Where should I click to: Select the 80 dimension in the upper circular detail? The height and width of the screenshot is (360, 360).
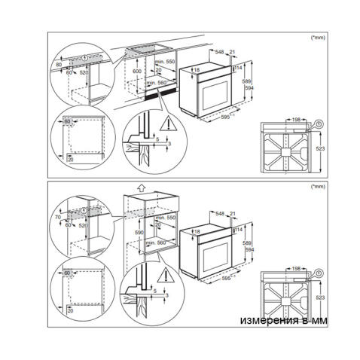[61, 65]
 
